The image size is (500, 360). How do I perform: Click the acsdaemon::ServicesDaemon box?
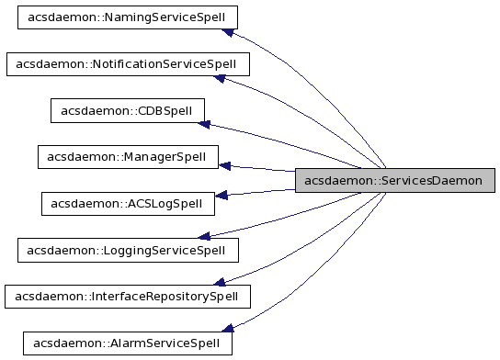pos(395,180)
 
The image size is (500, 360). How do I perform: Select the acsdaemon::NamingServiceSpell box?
pos(128,17)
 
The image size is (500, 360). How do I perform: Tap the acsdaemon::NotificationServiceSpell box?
pos(127,64)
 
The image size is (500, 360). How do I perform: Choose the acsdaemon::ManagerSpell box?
pos(128,156)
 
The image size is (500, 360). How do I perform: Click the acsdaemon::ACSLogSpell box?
pos(128,203)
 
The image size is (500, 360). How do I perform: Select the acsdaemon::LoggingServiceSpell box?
pos(128,249)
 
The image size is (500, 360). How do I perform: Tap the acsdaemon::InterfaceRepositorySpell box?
pos(127,296)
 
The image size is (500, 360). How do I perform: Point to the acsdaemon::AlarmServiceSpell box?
pos(127,343)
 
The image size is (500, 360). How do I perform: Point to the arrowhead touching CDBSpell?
pos(208,126)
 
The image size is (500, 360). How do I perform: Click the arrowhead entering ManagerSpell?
pos(225,165)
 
